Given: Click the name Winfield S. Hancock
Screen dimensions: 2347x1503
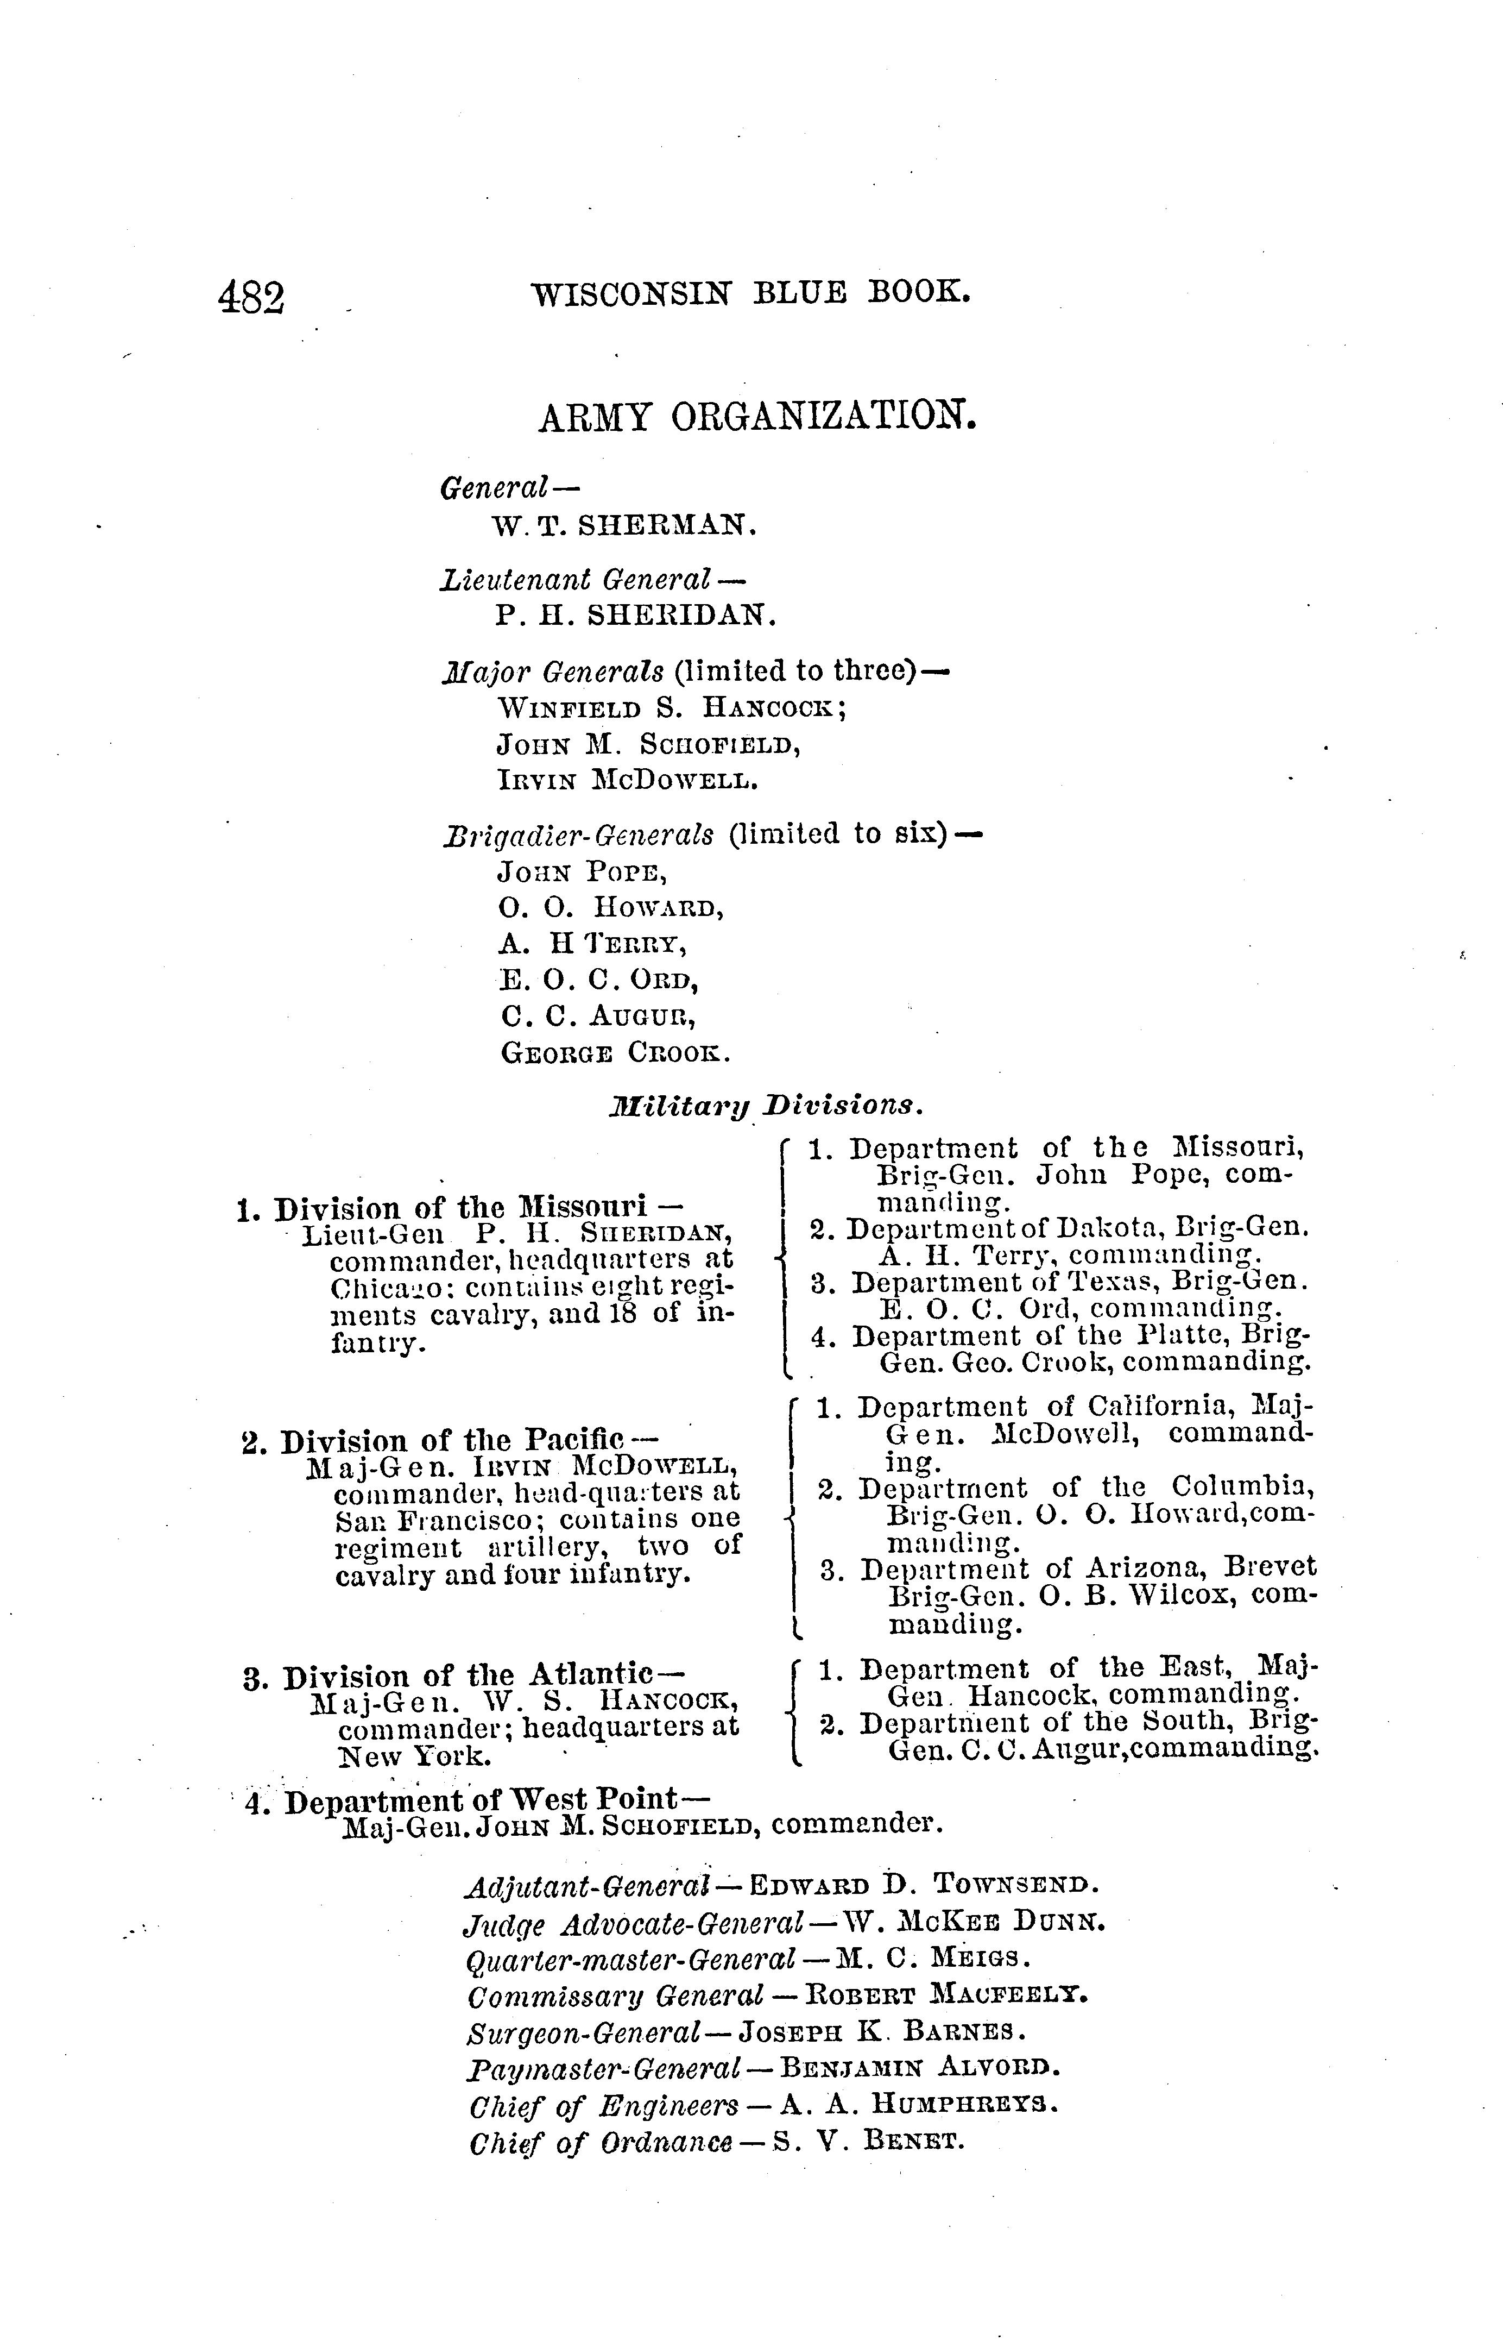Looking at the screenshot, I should (x=672, y=707).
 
